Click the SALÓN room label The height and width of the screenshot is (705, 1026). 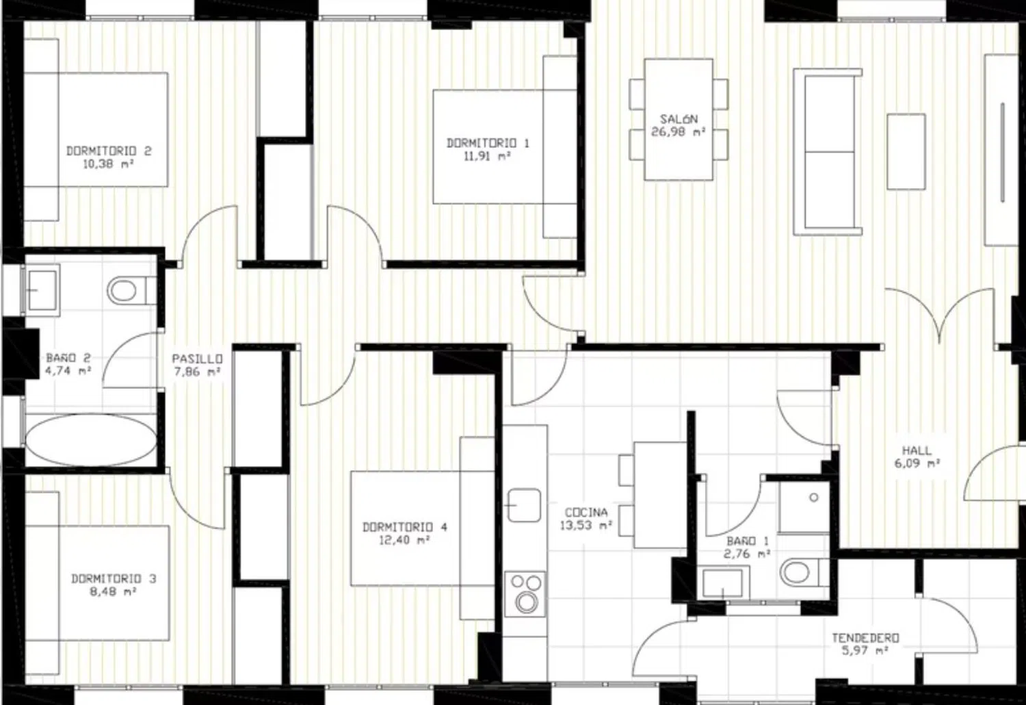679,118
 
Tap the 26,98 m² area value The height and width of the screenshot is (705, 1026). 678,132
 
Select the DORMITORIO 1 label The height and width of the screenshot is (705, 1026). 488,144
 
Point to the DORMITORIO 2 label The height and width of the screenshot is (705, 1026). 109,151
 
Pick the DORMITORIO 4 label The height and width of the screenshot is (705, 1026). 405,527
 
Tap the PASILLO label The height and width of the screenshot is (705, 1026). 198,359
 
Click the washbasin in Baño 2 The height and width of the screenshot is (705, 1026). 42,290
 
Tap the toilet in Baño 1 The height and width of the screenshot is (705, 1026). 804,572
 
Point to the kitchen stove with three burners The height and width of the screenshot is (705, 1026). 525,594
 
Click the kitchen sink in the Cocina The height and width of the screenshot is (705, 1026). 525,505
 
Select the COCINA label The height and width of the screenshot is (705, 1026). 586,513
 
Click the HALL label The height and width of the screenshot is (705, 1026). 917,450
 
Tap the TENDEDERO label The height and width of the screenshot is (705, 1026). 865,638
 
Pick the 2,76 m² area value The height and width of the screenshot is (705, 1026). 746,554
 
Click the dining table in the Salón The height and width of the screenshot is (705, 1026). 679,119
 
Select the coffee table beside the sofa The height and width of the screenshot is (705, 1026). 906,152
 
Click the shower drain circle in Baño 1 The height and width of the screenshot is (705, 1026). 814,498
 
